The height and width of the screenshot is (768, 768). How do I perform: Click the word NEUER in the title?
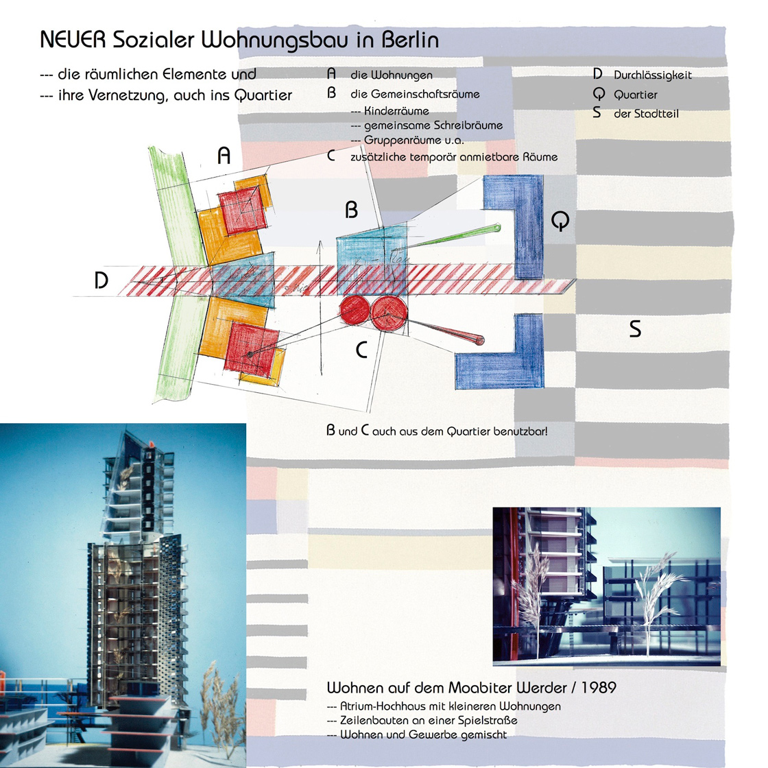point(73,40)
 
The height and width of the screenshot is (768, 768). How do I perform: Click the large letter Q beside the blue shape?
point(560,221)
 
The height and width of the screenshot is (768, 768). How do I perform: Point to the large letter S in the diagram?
point(635,328)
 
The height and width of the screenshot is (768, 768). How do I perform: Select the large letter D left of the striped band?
point(101,280)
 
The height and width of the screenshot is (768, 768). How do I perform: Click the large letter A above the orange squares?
point(224,156)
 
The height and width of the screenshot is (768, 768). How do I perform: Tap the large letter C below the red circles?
point(361,350)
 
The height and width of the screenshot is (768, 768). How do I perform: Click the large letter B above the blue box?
point(352,210)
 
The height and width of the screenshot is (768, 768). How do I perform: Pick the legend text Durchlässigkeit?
point(652,75)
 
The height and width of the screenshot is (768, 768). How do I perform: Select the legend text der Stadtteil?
point(646,114)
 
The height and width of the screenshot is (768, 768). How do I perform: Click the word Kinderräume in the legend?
point(396,110)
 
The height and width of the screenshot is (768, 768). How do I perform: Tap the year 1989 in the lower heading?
point(599,688)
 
